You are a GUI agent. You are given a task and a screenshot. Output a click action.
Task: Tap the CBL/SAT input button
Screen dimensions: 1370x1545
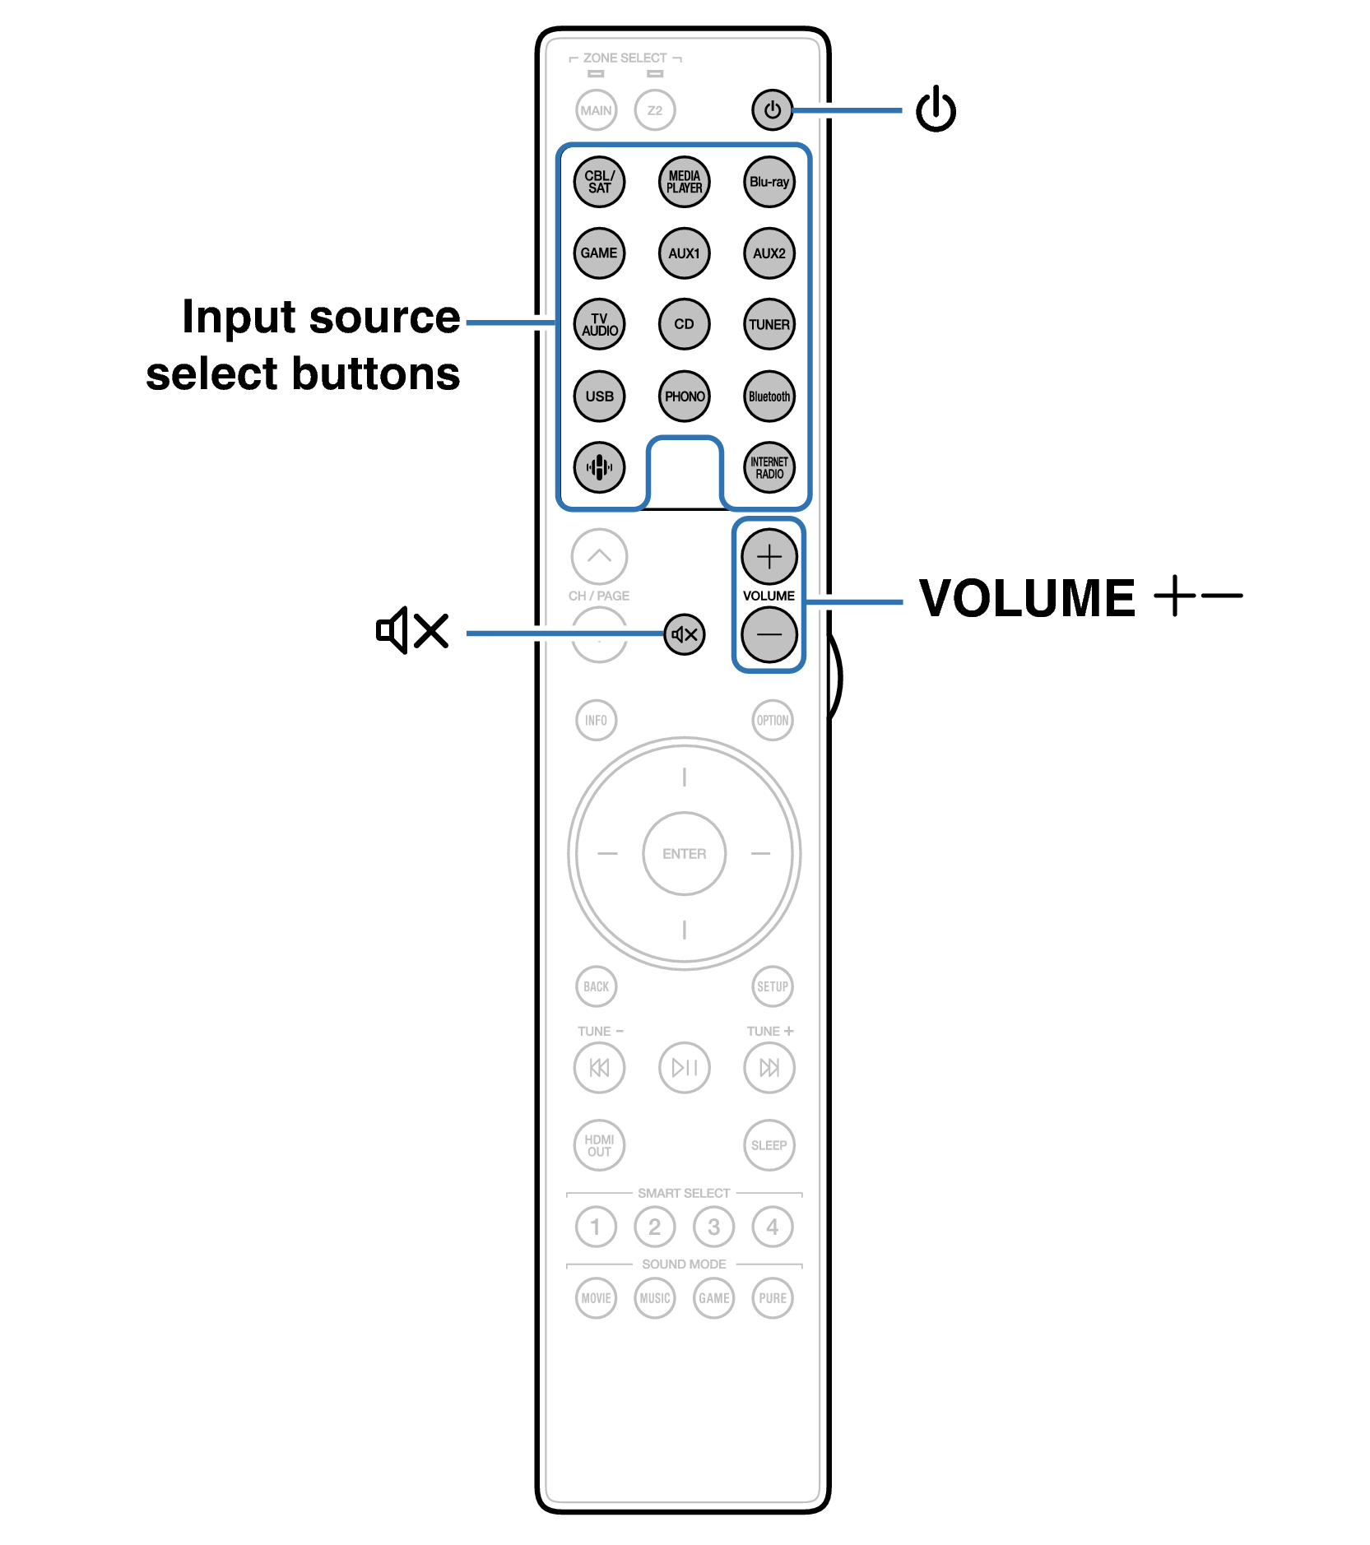599,182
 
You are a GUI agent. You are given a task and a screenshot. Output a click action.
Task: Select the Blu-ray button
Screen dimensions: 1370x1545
769,182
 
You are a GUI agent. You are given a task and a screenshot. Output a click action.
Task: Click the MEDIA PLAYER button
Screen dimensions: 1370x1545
684,182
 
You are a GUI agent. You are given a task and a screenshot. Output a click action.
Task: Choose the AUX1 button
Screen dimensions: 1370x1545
684,253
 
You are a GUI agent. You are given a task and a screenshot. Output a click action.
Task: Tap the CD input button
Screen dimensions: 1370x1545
684,324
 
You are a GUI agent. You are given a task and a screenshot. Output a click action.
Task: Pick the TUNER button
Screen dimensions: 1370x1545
769,324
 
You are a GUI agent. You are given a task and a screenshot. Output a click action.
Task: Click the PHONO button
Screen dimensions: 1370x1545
684,396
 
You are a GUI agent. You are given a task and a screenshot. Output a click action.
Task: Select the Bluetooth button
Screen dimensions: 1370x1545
769,396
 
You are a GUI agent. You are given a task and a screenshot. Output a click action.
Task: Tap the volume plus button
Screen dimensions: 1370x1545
769,557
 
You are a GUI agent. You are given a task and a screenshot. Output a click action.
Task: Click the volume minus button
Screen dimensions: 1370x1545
769,634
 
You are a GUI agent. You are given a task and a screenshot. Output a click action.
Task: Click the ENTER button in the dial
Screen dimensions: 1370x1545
685,854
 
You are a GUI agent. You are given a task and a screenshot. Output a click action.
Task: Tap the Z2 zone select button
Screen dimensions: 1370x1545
655,110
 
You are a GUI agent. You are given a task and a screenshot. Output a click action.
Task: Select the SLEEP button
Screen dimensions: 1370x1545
769,1145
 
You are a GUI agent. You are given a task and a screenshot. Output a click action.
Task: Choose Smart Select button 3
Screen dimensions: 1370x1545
713,1227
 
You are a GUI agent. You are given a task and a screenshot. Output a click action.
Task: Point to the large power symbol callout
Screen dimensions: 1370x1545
936,109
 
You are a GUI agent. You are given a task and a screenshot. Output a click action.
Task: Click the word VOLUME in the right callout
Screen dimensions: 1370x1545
1027,597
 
